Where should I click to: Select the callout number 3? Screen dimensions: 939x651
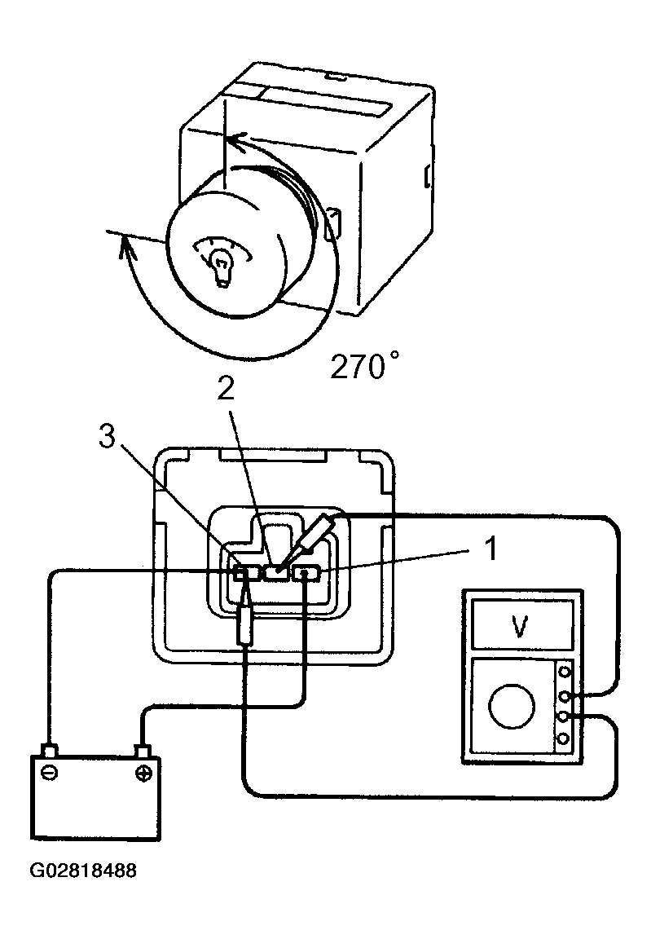(108, 437)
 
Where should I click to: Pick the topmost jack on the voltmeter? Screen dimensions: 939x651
(564, 673)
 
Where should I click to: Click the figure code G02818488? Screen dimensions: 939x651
(83, 871)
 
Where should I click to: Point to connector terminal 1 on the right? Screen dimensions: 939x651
(306, 573)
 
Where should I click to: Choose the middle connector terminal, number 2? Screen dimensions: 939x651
(276, 572)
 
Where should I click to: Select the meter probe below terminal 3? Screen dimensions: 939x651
(246, 619)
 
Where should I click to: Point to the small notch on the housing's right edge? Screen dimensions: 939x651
(426, 175)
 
